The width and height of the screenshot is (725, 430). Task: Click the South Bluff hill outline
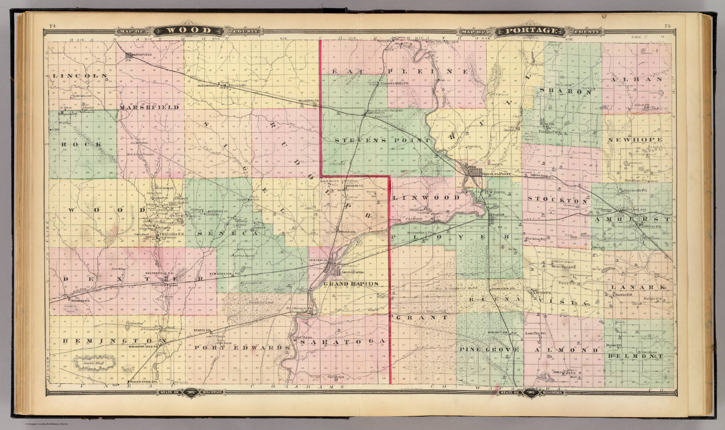click(x=93, y=363)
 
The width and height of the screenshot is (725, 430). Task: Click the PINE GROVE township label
click(x=489, y=350)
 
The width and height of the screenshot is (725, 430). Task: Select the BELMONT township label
click(x=641, y=356)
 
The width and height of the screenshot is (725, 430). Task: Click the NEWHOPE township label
click(x=635, y=140)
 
